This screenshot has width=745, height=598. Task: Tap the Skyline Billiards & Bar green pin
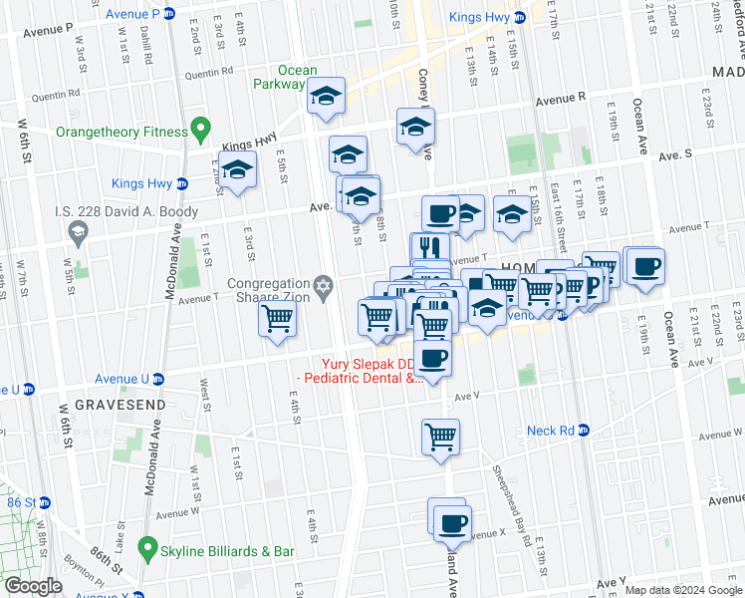[x=148, y=547]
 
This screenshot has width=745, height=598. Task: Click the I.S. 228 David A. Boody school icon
[x=76, y=231]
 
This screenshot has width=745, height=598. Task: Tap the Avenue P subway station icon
[x=169, y=14]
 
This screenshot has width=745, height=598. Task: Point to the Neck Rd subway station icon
[x=585, y=431]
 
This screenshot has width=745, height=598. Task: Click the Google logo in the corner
[x=33, y=586]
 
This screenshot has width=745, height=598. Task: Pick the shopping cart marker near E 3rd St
[x=277, y=320]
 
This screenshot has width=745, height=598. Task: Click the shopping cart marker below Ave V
[x=441, y=437]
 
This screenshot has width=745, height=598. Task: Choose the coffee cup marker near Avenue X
[x=453, y=522]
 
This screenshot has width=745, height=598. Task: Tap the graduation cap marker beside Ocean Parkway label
[x=326, y=97]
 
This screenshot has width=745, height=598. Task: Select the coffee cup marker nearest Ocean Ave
[x=645, y=267]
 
